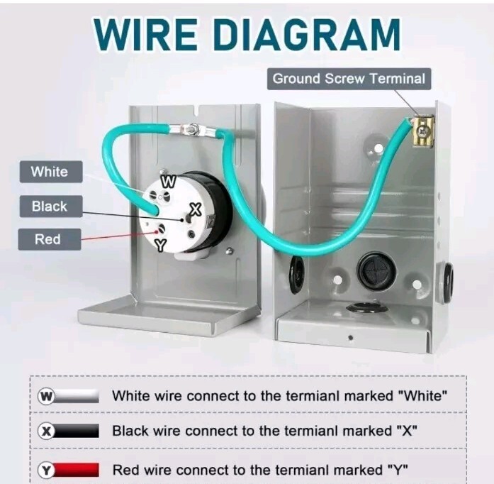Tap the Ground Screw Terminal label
pos(349,78)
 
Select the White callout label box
pos(50,172)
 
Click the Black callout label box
pos(50,207)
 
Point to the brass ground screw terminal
pos(422,131)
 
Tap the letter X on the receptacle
pos(196,209)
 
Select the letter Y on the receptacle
pos(160,246)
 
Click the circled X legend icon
pos(47,431)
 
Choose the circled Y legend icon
pos(47,469)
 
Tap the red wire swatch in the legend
pos(77,469)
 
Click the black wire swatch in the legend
pos(77,431)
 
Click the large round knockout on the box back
pos(376,270)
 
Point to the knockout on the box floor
pos(366,308)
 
